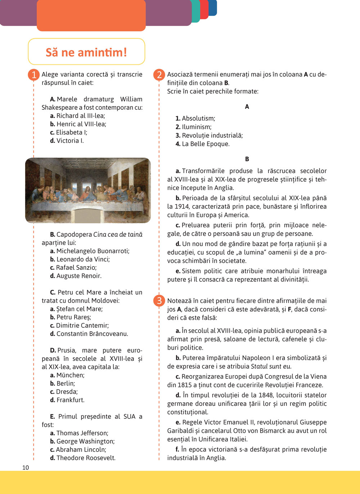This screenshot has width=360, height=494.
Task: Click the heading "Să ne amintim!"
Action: tap(86, 52)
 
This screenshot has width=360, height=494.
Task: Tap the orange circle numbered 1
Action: tap(34, 75)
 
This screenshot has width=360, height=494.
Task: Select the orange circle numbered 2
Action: tap(159, 75)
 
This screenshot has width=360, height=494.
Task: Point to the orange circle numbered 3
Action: tap(159, 300)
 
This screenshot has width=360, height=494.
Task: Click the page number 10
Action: tap(26, 467)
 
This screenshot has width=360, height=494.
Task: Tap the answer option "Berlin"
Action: tap(65, 384)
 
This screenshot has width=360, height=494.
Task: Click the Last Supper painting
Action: tap(88, 190)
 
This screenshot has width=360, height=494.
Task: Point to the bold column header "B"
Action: tap(247, 159)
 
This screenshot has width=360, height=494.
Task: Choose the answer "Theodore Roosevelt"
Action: tap(86, 458)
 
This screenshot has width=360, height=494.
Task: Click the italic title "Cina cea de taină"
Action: tap(118, 235)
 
